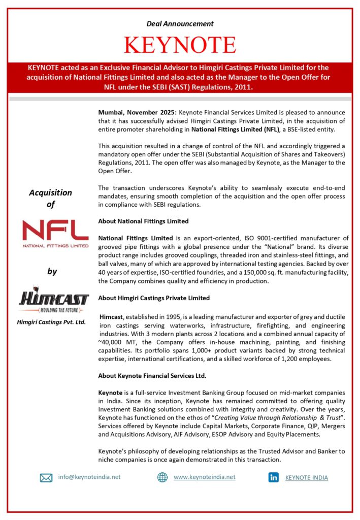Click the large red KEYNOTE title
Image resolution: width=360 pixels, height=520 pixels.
tap(180, 45)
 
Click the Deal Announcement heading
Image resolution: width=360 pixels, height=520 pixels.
tap(180, 23)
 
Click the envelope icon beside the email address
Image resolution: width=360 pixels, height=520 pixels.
tap(46, 477)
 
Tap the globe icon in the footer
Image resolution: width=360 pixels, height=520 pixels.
tap(162, 477)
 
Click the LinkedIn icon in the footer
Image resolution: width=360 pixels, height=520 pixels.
tap(274, 477)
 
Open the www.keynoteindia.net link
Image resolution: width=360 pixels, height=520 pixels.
tap(204, 477)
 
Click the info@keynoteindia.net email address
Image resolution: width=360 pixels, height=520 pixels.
tap(89, 477)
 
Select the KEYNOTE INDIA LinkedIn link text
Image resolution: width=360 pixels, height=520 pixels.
tap(306, 478)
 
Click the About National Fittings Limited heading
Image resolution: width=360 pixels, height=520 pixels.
tap(143, 221)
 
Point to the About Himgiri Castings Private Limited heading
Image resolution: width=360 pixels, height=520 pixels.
tap(154, 298)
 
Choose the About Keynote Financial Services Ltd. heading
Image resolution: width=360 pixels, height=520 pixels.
tap(152, 376)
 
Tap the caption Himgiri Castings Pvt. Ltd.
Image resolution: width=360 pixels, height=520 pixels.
tap(52, 322)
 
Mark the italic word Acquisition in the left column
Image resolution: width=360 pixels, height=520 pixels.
tap(50, 193)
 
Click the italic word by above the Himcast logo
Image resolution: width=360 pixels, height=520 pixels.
tap(52, 272)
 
